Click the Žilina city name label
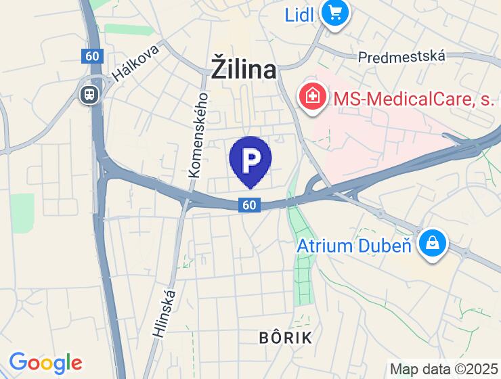pyautogui.click(x=244, y=70)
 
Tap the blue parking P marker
pyautogui.click(x=250, y=160)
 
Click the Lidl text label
pyautogui.click(x=299, y=14)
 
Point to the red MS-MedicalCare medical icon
pyautogui.click(x=312, y=98)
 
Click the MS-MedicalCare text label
pyautogui.click(x=414, y=99)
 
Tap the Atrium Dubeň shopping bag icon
pyautogui.click(x=431, y=242)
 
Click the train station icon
pyautogui.click(x=88, y=94)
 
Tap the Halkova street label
pyautogui.click(x=136, y=63)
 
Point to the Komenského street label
pyautogui.click(x=199, y=135)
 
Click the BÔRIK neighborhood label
pyautogui.click(x=286, y=338)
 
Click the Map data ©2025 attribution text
pyautogui.click(x=443, y=370)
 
